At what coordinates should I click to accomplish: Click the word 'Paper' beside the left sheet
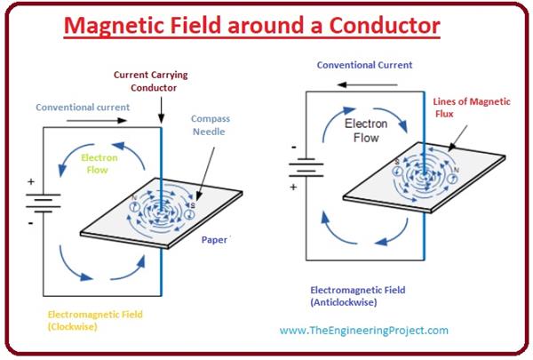coord(214,240)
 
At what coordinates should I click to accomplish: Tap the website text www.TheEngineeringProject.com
coord(363,331)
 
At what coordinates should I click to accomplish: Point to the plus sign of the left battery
coord(31,182)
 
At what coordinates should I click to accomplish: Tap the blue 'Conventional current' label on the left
coord(83,108)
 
